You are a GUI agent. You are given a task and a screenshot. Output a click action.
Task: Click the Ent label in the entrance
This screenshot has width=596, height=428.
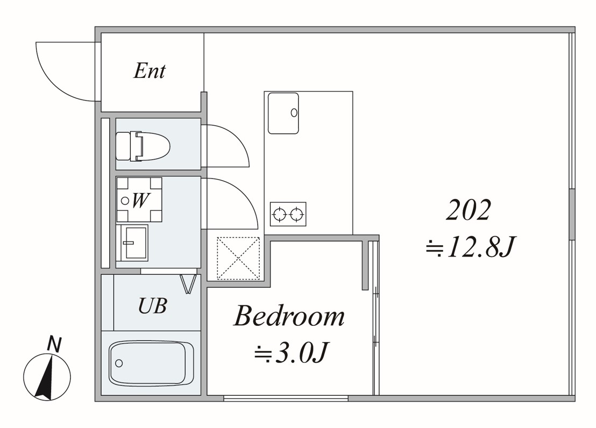point(150,70)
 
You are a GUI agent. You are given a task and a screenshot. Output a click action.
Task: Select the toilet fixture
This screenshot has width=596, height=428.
point(143,146)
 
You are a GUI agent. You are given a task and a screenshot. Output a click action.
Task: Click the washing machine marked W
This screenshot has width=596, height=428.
point(139,199)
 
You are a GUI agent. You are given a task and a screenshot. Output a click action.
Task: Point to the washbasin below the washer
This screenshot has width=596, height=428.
point(132,242)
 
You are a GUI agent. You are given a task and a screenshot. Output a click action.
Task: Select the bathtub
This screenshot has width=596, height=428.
point(151,363)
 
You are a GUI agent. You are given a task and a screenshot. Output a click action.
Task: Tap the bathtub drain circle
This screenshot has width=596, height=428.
point(119,363)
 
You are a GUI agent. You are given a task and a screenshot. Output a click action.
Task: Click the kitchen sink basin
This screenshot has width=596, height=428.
point(283,113)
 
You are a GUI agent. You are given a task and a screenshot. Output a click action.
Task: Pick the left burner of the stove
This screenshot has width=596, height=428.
point(279,215)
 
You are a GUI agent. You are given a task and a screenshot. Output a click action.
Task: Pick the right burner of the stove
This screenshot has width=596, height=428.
point(296,215)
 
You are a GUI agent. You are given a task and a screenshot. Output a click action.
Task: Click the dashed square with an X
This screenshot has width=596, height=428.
point(238,258)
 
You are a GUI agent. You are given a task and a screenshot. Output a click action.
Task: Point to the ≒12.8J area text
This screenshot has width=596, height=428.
point(470,247)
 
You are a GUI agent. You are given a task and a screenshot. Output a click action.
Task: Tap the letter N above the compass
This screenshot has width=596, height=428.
point(54,344)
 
